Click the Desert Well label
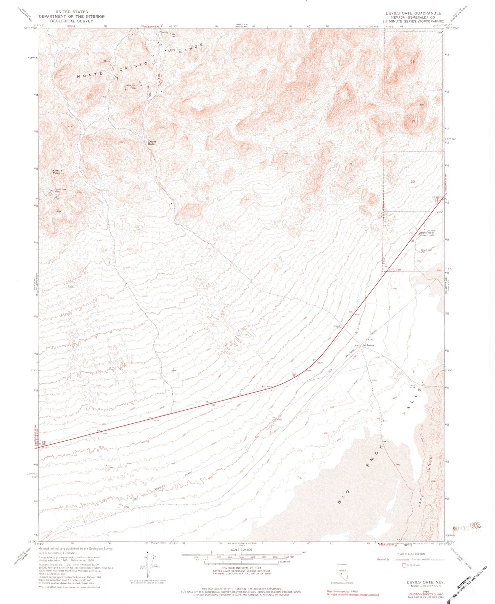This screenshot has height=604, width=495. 426,250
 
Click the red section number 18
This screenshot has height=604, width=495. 413,61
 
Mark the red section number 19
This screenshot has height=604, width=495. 413,121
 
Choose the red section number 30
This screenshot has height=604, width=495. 413,182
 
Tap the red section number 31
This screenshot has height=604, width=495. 413,241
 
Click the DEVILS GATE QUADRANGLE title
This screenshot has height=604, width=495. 413,13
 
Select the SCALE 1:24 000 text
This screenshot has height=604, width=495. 242,550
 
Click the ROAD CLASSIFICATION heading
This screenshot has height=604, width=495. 411,554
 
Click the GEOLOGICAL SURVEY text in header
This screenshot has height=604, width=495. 72,21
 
